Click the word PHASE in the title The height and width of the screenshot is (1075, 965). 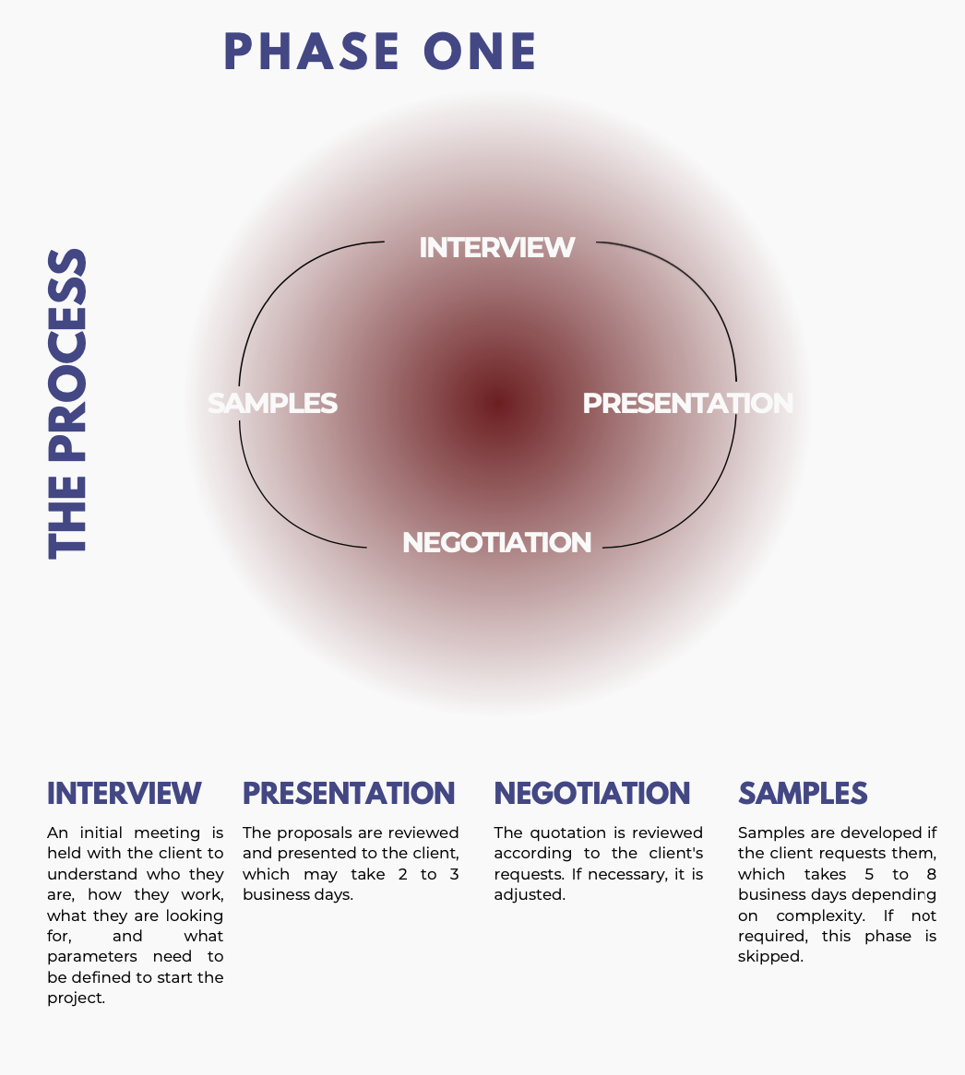[x=312, y=52]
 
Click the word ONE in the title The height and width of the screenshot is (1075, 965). [x=480, y=52]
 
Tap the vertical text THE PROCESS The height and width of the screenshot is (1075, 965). [x=67, y=404]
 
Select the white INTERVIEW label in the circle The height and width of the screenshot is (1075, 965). [x=496, y=247]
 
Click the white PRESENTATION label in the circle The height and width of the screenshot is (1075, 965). [x=688, y=403]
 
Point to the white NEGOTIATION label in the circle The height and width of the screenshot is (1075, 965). [x=496, y=542]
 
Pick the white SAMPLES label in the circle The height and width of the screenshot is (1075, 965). [x=272, y=403]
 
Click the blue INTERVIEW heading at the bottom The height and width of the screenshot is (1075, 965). [x=125, y=793]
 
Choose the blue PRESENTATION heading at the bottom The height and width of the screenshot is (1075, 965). [x=349, y=793]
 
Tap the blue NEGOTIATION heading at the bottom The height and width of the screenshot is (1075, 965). [x=592, y=793]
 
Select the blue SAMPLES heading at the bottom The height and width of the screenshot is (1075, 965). [x=803, y=793]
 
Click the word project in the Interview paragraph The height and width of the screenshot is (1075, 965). [x=77, y=998]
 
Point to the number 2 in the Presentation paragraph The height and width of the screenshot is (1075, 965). [x=402, y=874]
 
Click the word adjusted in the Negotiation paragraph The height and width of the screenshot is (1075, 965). [x=530, y=894]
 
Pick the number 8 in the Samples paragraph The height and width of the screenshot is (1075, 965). [x=932, y=874]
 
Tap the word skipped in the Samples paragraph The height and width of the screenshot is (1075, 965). [x=770, y=957]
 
